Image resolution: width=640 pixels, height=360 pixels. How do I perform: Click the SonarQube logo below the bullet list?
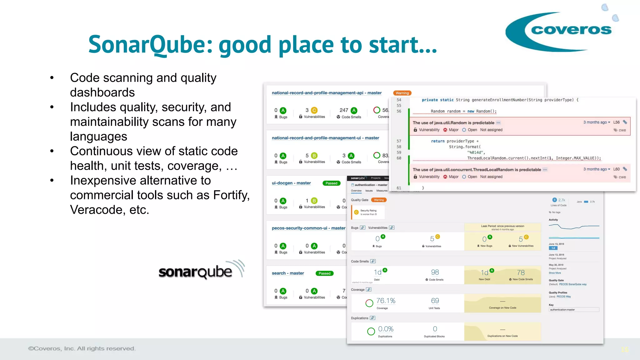[200, 271]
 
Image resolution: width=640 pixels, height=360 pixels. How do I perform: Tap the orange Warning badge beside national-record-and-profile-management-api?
[402, 93]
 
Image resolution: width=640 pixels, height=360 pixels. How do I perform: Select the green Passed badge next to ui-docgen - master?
[331, 183]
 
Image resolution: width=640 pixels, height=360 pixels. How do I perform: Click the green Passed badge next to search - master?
[324, 273]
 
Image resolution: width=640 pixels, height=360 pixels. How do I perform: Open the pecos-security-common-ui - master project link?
[308, 228]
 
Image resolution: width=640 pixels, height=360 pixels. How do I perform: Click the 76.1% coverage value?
[386, 301]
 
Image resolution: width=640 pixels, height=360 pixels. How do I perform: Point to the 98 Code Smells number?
[435, 272]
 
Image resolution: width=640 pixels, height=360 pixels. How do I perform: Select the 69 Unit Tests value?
[435, 301]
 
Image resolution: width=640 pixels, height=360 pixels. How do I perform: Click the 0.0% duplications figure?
[386, 329]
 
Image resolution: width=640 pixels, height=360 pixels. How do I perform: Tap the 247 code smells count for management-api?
[344, 110]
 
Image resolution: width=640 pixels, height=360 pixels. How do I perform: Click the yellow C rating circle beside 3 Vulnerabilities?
[314, 110]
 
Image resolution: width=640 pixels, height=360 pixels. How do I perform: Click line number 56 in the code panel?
[399, 111]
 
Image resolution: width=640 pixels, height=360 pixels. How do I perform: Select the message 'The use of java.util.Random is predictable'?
[453, 123]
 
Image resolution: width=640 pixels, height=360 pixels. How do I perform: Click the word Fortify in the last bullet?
[231, 195]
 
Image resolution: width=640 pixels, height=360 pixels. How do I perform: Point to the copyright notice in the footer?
[82, 348]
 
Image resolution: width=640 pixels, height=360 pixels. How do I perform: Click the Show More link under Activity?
[555, 273]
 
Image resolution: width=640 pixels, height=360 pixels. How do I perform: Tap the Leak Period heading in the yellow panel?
[502, 226]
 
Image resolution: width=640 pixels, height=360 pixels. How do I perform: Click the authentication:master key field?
[573, 310]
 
